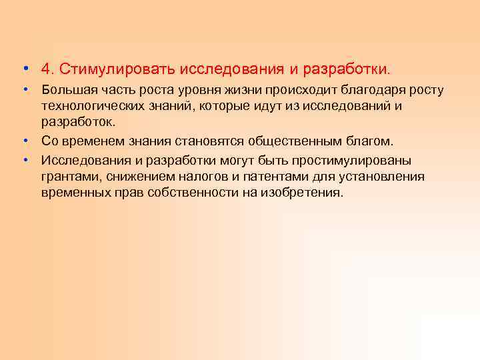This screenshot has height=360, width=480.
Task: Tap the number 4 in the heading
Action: [x=45, y=69]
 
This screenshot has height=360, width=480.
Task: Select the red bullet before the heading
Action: [x=24, y=69]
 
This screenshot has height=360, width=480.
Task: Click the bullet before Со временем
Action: [x=24, y=141]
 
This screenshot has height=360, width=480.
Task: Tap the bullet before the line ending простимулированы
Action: [x=24, y=159]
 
